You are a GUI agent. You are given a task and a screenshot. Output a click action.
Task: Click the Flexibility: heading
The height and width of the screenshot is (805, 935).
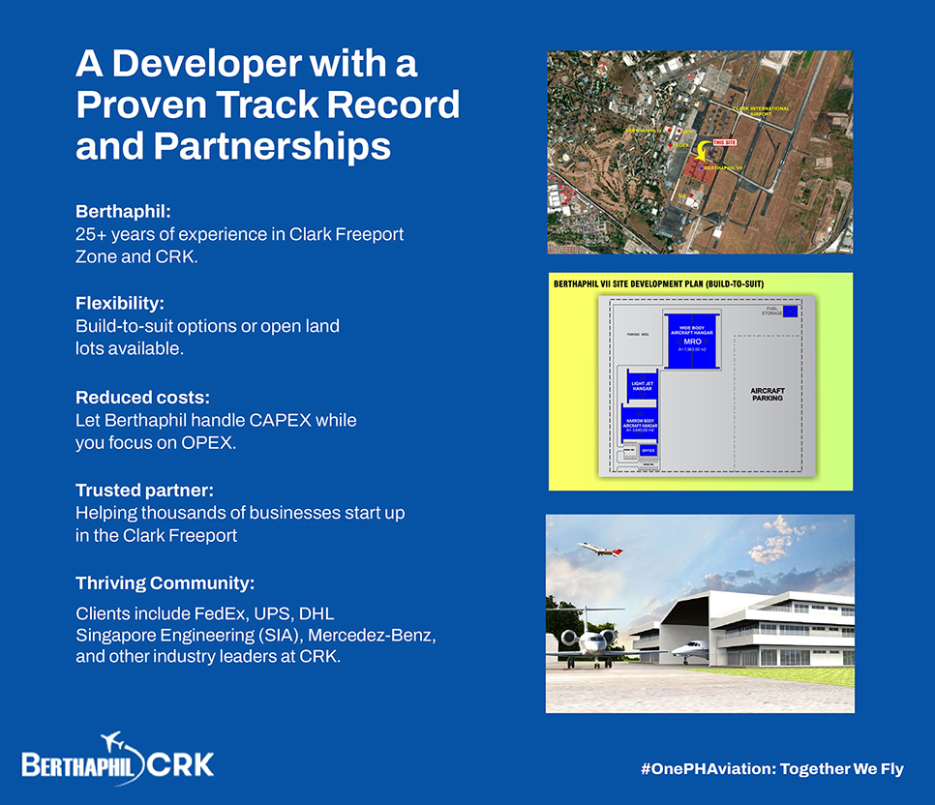click(120, 303)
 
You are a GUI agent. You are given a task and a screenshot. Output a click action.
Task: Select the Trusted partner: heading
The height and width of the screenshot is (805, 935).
click(144, 490)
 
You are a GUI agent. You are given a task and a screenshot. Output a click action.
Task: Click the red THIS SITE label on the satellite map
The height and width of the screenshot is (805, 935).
click(725, 142)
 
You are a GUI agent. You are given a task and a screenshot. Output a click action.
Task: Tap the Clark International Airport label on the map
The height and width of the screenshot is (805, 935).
click(761, 110)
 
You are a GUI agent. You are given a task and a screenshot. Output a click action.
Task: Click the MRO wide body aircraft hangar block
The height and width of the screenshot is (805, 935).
click(691, 341)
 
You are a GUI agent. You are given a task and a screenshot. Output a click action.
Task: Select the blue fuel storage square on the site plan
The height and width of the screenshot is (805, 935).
click(791, 311)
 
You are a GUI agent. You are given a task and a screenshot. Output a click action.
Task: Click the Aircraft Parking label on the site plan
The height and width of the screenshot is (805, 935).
click(767, 395)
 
